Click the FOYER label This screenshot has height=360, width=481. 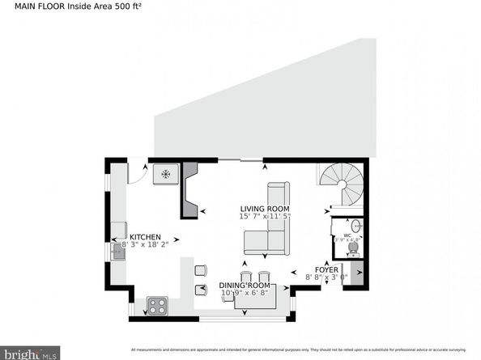(x=327, y=269)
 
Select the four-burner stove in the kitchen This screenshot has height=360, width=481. (x=155, y=305)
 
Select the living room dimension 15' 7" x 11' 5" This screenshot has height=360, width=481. (x=265, y=217)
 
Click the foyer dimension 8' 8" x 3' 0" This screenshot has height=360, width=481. (x=326, y=277)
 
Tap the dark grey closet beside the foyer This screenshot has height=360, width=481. (x=355, y=273)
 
